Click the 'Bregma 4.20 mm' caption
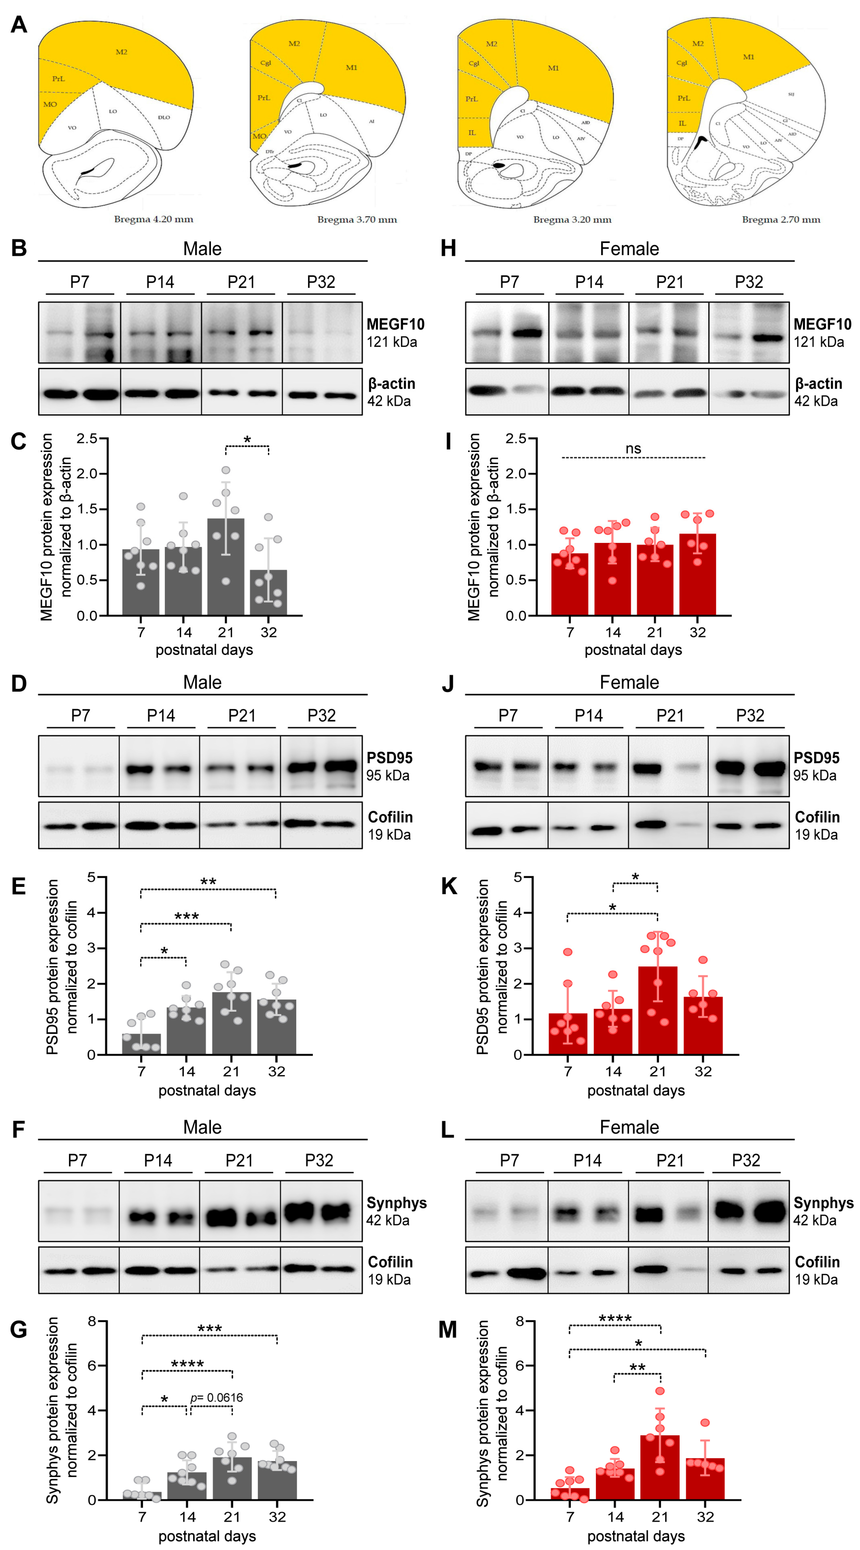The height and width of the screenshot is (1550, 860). [153, 219]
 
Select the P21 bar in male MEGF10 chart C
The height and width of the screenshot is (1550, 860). [226, 566]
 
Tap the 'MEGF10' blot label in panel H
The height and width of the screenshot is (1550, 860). [822, 324]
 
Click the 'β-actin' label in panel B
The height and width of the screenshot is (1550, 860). [392, 384]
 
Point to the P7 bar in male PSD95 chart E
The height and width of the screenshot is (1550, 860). [141, 1044]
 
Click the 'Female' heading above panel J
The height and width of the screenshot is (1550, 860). [629, 682]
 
